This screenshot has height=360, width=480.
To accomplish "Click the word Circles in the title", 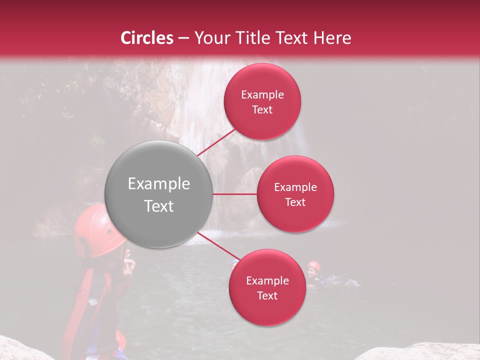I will tap(147, 38).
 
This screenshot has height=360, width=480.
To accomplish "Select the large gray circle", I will tap(158, 194).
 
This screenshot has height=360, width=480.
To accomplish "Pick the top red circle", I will tap(262, 101).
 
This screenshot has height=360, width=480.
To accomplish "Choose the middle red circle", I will tap(295, 194).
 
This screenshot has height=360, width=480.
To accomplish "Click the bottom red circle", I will tap(267, 287).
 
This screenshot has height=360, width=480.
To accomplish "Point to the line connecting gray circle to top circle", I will tap(216, 141).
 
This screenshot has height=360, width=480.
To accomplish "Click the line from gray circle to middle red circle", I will tap(235, 194).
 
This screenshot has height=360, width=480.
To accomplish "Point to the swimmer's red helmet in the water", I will tap(313, 265).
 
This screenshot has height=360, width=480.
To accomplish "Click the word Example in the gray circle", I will tap(158, 184).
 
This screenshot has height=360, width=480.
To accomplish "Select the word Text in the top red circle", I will tap(262, 109).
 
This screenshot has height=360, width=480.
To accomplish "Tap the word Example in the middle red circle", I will tap(295, 187).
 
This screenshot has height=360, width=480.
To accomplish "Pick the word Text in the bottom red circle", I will tap(267, 295).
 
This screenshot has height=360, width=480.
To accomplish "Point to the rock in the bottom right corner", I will tap(420, 352).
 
